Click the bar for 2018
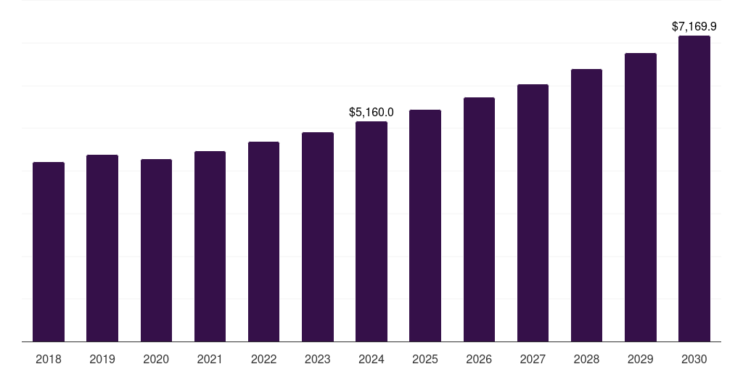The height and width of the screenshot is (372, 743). [x=49, y=252]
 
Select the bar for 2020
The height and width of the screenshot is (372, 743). [x=157, y=251]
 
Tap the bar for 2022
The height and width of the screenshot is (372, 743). [x=263, y=241]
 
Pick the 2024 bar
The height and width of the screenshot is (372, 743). [x=371, y=232]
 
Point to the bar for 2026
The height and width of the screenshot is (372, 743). [x=479, y=219]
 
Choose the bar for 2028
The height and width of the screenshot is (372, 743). [x=586, y=206]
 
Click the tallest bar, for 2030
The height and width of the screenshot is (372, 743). [x=694, y=189]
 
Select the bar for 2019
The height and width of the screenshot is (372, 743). [x=102, y=248]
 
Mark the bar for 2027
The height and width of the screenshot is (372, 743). [x=533, y=213]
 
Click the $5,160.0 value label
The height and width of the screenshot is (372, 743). [x=371, y=113]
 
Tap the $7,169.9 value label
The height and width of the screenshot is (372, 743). [x=694, y=27]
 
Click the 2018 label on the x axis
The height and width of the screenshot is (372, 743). [x=49, y=360]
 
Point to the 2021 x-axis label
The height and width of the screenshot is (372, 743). [x=210, y=360]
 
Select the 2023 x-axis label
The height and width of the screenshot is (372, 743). [x=318, y=360]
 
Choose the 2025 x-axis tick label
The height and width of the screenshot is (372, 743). [x=425, y=360]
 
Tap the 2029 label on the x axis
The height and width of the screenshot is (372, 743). [x=640, y=360]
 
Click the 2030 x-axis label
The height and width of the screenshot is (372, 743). [x=694, y=360]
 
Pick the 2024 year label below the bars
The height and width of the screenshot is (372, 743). [x=371, y=360]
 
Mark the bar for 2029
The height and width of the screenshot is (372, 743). [x=641, y=198]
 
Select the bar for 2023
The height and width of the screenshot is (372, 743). [x=318, y=237]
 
